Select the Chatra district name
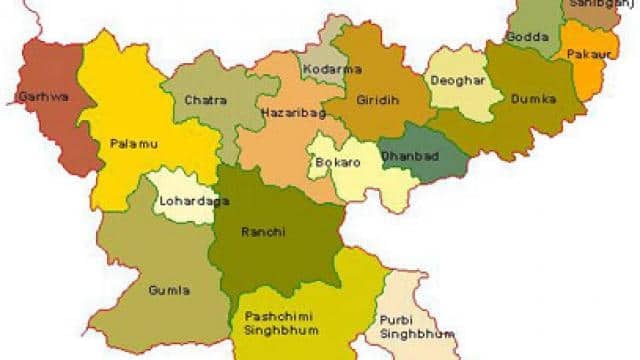[207, 100]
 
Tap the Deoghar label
[456, 80]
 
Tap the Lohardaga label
[185, 202]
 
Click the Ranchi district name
[263, 232]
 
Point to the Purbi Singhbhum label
[411, 326]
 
